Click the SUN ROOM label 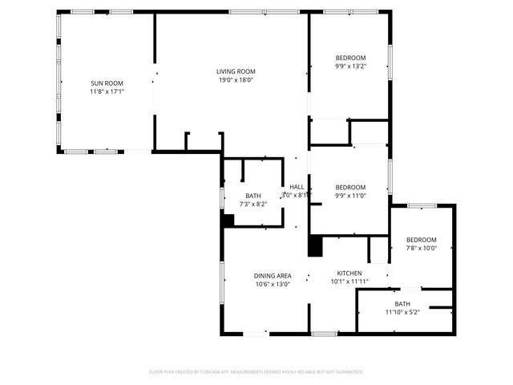pos(107,83)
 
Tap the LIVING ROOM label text pos(236,71)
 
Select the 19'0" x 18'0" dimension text pos(236,79)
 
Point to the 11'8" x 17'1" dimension pos(107,91)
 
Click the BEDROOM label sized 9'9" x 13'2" pos(350,58)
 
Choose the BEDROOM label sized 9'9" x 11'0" pos(350,187)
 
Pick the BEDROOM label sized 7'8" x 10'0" pos(421,240)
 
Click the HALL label pos(297,187)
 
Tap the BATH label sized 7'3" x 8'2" pos(253,196)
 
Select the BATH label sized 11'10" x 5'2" pos(402,303)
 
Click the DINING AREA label pos(273,275)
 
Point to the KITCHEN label pos(349,273)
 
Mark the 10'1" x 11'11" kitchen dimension pos(349,282)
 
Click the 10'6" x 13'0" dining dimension pos(273,284)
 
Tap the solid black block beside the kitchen pos(315,245)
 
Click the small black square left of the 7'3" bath pos(228,221)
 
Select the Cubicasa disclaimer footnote pos(256,371)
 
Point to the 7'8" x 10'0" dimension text pos(421,249)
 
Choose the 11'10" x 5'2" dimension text pos(402,312)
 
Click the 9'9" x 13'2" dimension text pos(350,67)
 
